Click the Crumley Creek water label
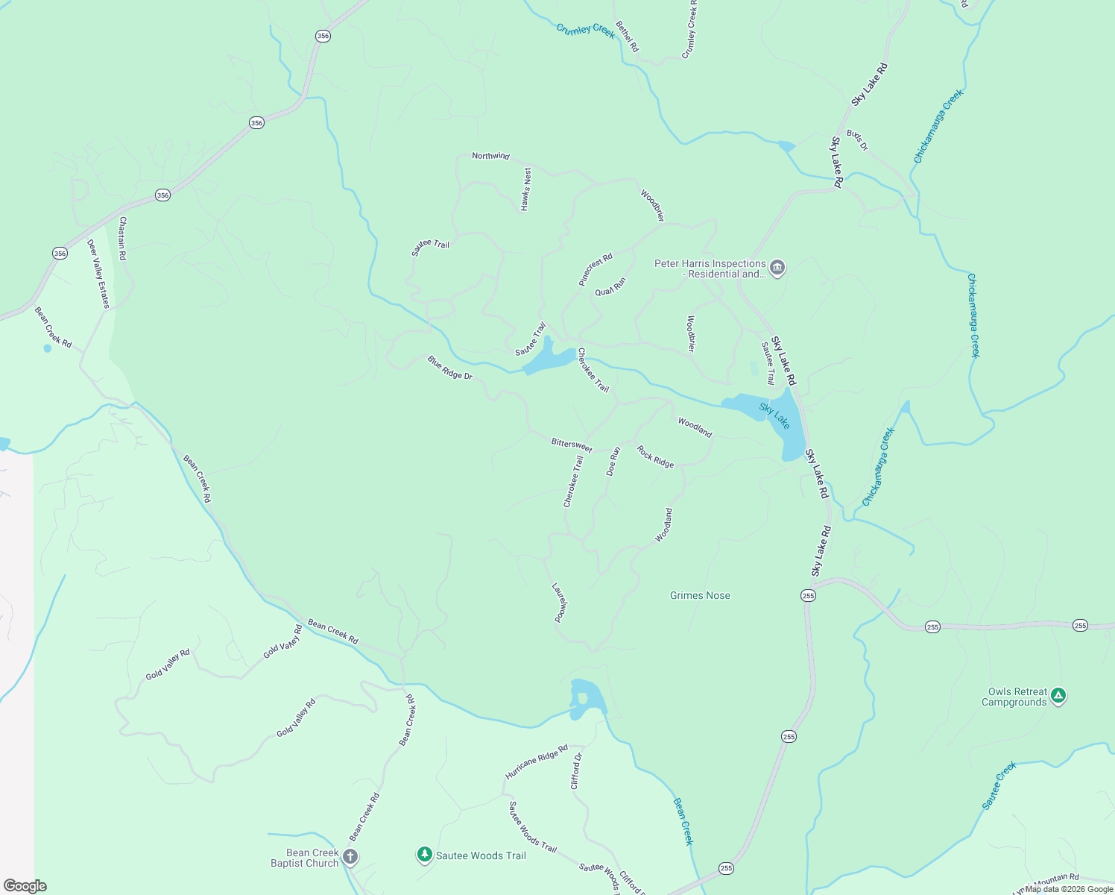click(x=586, y=30)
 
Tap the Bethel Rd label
click(x=628, y=37)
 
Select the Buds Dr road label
click(x=857, y=139)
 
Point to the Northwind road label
click(x=490, y=156)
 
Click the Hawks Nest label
click(x=526, y=189)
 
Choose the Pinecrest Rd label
click(x=596, y=269)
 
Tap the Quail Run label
click(x=610, y=286)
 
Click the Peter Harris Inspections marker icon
click(x=777, y=268)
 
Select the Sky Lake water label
click(x=775, y=415)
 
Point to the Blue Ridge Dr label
click(x=450, y=367)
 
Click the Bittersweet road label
click(x=572, y=445)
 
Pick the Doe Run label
click(x=613, y=462)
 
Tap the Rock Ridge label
click(x=655, y=456)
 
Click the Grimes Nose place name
click(x=700, y=595)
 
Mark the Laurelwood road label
click(x=560, y=602)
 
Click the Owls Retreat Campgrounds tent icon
click(x=1058, y=696)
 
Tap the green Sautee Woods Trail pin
click(x=425, y=855)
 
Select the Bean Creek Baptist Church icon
click(x=350, y=857)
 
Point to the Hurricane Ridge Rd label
click(x=537, y=761)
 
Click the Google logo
click(x=25, y=885)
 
